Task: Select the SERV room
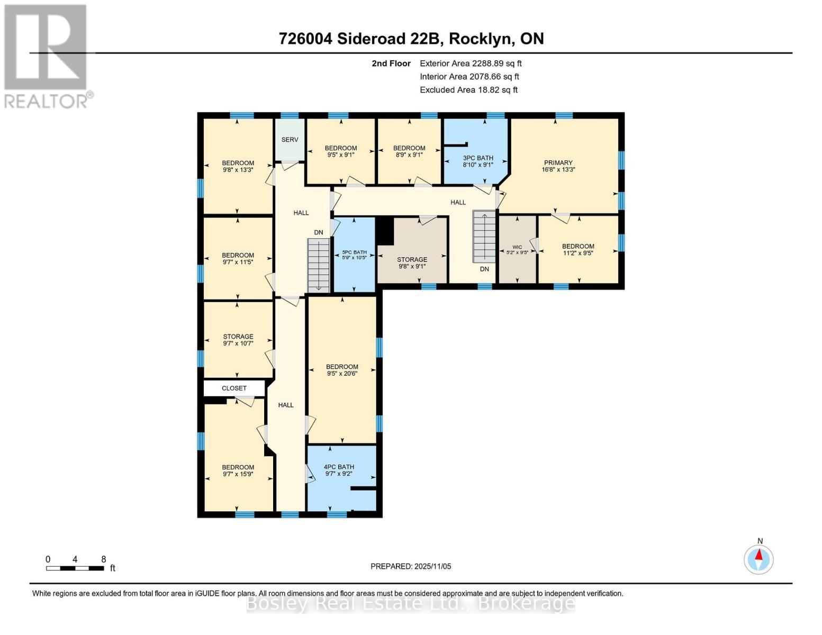(x=290, y=140)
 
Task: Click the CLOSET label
(x=234, y=388)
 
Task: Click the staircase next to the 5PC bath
(x=319, y=264)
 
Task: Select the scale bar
(x=75, y=568)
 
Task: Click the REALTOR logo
(x=47, y=56)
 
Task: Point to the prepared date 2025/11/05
(x=411, y=566)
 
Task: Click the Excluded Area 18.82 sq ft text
(x=468, y=90)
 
